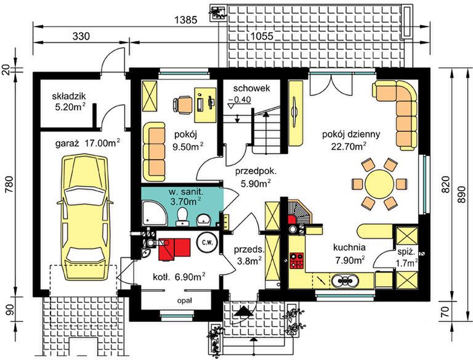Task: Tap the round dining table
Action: [379, 184]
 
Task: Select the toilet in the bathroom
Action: [182, 216]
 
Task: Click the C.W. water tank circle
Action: [207, 242]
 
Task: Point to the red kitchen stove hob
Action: [296, 261]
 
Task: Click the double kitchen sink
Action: [345, 280]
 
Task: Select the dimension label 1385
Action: [186, 20]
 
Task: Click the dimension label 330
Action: [81, 36]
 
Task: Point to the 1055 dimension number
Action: [262, 36]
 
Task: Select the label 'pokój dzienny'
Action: [351, 134]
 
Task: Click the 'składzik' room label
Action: [69, 97]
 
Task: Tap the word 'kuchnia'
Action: [349, 247]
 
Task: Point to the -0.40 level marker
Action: [240, 100]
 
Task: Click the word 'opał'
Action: [185, 301]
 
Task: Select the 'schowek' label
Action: [251, 89]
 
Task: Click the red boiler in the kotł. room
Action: [174, 248]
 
